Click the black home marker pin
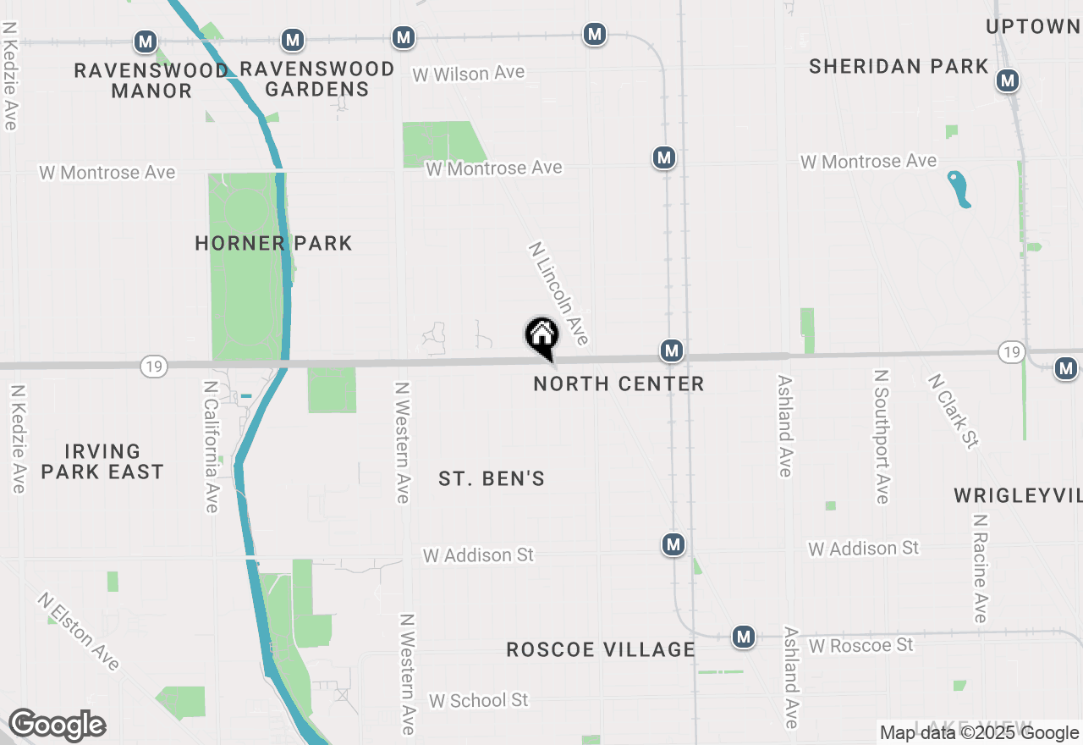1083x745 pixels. click(x=541, y=336)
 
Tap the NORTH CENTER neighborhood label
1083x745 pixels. click(x=618, y=384)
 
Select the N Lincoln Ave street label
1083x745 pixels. click(x=558, y=294)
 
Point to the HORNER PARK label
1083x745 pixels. click(x=273, y=244)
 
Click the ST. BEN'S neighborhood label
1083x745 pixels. click(x=492, y=479)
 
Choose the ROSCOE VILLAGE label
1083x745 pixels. click(x=601, y=649)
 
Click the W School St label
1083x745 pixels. click(x=478, y=700)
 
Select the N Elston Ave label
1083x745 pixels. click(x=78, y=632)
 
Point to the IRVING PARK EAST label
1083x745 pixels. click(x=102, y=461)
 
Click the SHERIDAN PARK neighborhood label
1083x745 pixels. click(x=899, y=66)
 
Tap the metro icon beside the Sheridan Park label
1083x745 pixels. click(x=1007, y=81)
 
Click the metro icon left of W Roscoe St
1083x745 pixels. click(x=744, y=637)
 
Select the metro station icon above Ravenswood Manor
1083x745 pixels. click(x=146, y=41)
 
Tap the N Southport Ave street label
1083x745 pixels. click(x=882, y=436)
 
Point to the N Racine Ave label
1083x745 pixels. click(x=980, y=568)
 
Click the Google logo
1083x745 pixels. click(x=57, y=725)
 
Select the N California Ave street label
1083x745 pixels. click(x=212, y=446)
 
